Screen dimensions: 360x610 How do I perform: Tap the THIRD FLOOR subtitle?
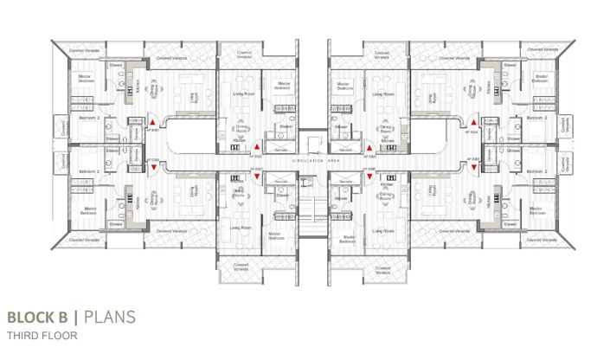(x=40, y=334)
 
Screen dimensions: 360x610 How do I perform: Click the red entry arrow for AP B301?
(x=152, y=125)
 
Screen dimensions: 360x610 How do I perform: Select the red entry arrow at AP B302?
(x=257, y=148)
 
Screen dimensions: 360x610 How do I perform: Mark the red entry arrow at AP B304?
(x=474, y=125)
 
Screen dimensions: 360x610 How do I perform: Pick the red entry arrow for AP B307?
(x=257, y=177)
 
